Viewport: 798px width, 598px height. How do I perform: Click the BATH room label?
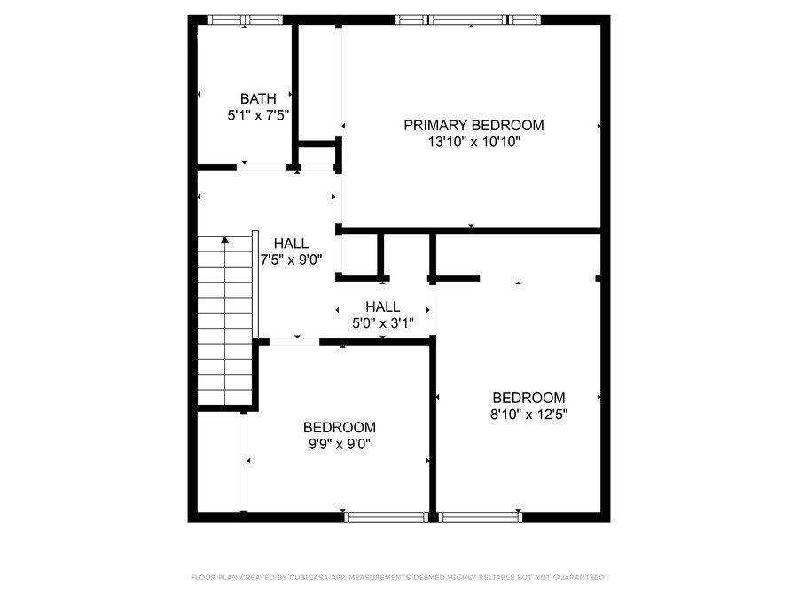point(258,98)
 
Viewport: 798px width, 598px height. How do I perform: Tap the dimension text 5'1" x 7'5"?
point(258,115)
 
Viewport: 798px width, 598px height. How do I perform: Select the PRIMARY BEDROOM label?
point(473,125)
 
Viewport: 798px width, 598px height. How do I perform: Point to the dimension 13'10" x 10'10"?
point(473,142)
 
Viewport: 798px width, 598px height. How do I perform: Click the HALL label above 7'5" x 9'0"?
point(291,243)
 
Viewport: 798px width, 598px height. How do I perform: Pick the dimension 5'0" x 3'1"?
point(383,322)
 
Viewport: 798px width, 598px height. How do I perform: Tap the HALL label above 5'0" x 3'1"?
point(383,307)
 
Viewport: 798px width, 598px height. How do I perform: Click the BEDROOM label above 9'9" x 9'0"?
point(340,427)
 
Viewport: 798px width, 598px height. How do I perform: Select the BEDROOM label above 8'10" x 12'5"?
point(528,398)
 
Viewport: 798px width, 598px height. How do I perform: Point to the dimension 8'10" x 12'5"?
point(528,415)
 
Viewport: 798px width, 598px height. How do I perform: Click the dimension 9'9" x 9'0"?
point(340,444)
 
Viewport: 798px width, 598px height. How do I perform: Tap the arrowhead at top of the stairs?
point(225,239)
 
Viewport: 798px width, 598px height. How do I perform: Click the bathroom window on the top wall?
point(245,19)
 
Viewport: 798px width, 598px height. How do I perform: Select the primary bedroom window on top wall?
point(468,19)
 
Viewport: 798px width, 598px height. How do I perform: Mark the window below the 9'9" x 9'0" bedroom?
point(387,517)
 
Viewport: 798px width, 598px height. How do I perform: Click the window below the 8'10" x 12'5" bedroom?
point(481,517)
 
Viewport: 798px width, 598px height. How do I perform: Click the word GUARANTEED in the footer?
point(580,577)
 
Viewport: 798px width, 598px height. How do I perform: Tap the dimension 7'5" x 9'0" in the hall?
point(291,260)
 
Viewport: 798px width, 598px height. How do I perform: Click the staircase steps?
point(225,321)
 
